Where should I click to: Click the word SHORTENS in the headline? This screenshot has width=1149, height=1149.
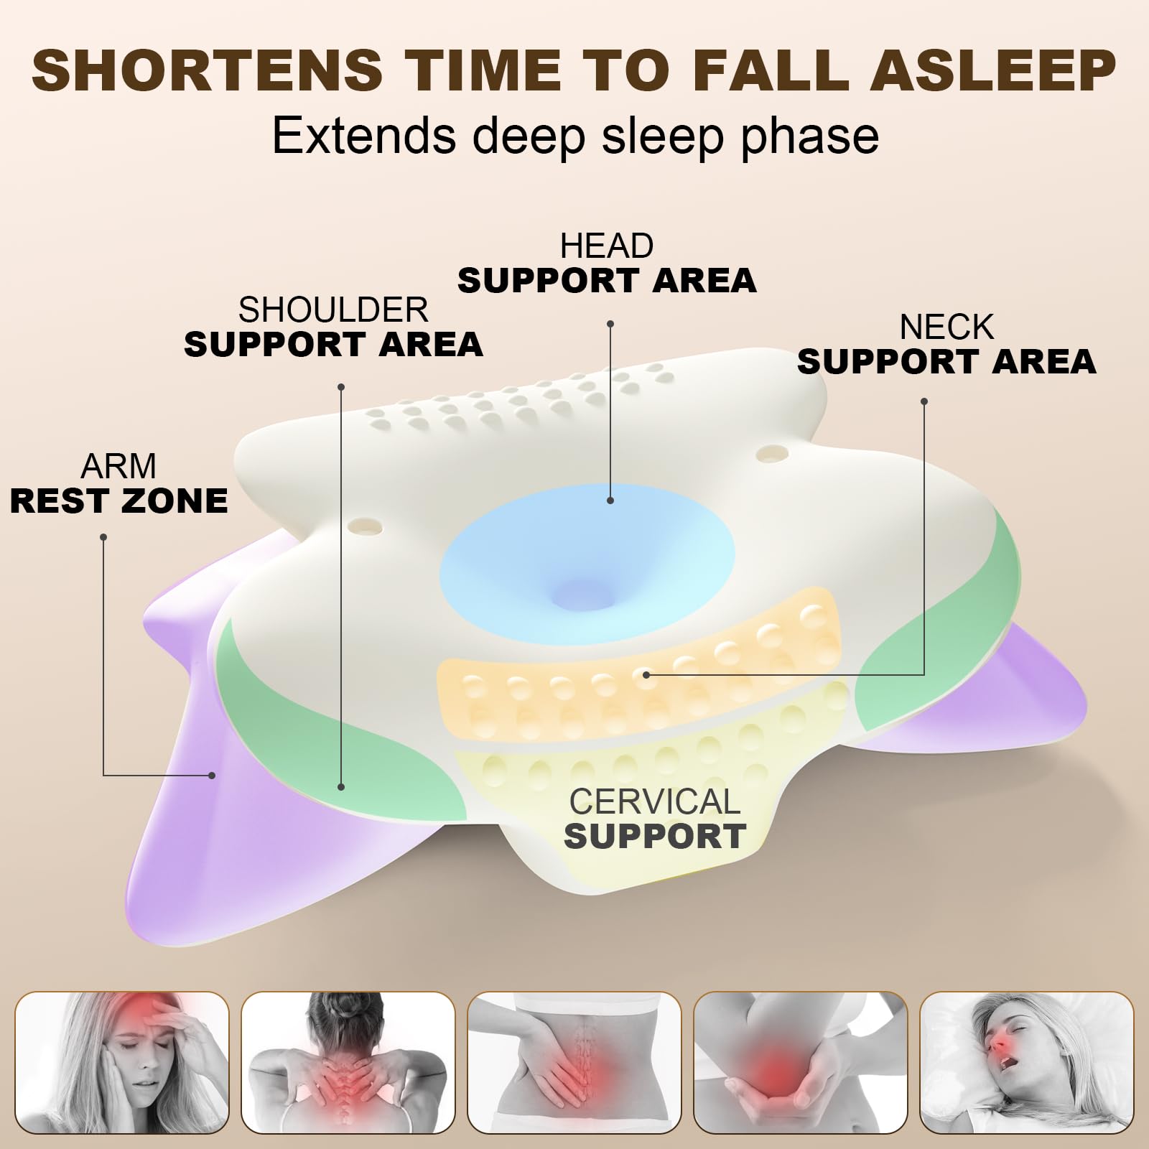208,70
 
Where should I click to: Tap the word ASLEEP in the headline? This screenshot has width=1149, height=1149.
993,70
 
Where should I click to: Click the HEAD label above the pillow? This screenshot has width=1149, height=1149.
607,246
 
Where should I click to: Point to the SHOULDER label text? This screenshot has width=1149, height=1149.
333,310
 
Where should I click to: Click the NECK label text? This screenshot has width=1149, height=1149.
946,327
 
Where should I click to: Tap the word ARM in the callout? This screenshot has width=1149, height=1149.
118,467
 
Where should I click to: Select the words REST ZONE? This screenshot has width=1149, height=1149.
119,501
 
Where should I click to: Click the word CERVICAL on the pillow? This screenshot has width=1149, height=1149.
654,801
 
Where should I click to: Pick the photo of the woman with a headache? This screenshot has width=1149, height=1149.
122,1062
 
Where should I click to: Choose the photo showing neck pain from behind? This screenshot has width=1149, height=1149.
348,1062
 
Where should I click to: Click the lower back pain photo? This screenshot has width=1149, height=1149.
574,1062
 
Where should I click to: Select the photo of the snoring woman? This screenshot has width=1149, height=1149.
1027,1062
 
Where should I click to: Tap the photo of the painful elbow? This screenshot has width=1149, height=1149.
801,1062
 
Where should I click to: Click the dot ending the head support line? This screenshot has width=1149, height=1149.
610,501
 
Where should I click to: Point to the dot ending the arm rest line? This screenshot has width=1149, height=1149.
212,776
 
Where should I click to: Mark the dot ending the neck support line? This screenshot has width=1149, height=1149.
646,674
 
